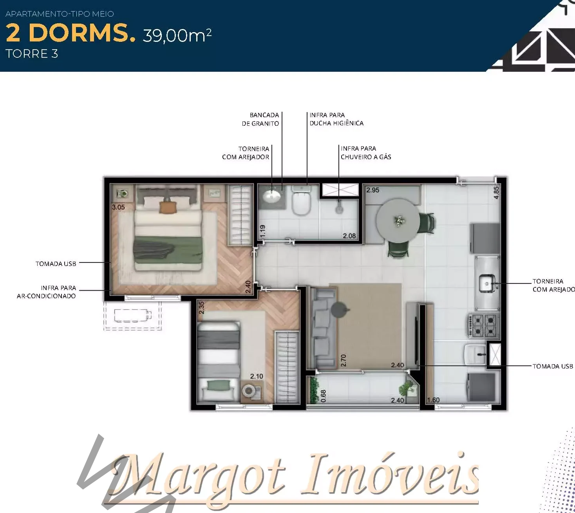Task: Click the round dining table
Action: pos(398,220)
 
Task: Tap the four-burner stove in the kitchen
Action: pos(484,326)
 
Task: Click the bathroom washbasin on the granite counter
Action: pos(271,195)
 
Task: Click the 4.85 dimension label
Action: pos(496,192)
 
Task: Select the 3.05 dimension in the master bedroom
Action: pos(118,207)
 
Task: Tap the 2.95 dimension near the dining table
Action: pos(372,190)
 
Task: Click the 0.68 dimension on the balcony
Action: pos(323,396)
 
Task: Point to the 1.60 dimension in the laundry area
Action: pos(433,400)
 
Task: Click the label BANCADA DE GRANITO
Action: pos(260,119)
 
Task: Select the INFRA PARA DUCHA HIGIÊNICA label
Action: pos(336,119)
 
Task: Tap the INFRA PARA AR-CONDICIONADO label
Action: pos(46,292)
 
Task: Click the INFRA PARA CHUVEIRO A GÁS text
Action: pos(366,153)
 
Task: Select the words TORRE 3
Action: pos(31,54)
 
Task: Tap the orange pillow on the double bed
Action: pos(168,208)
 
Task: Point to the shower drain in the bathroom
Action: pos(340,210)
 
